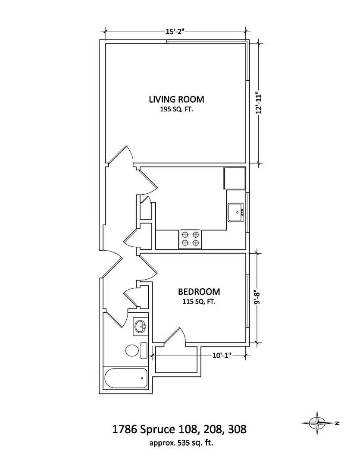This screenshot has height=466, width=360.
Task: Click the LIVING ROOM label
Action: click(176, 99)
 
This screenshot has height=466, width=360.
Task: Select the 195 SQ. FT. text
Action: click(176, 110)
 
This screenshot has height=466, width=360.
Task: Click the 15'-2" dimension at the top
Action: click(175, 31)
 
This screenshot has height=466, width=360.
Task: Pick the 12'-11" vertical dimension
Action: click(258, 103)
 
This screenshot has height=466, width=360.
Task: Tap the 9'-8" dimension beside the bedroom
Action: click(257, 298)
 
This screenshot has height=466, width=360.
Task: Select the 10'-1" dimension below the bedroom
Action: click(222, 356)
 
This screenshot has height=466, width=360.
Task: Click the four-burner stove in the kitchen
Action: click(190, 239)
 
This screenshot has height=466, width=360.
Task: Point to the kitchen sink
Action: click(236, 212)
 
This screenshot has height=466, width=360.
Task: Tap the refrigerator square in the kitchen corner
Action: click(234, 178)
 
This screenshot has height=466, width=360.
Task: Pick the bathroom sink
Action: click(140, 326)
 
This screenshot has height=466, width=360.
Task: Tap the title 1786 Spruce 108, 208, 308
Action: click(179, 430)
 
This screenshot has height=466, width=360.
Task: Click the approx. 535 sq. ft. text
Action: click(179, 442)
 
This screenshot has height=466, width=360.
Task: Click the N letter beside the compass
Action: click(337, 423)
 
